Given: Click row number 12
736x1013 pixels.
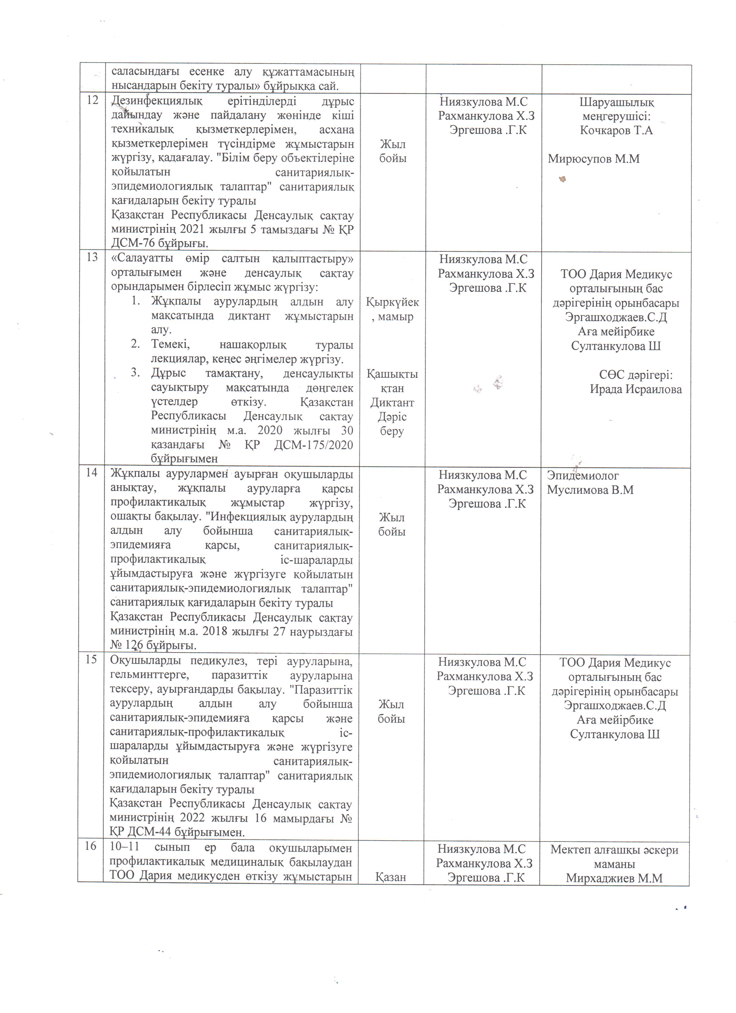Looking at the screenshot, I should (92, 100).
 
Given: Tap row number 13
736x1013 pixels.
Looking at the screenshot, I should (92, 257).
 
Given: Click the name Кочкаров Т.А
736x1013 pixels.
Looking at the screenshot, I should (617, 131).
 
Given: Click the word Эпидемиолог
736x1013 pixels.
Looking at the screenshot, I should (583, 476).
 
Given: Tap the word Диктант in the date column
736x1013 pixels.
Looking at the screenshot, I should (392, 403).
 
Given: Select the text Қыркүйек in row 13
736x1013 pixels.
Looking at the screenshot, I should (392, 302).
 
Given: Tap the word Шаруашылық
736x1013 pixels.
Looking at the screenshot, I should (617, 102).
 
